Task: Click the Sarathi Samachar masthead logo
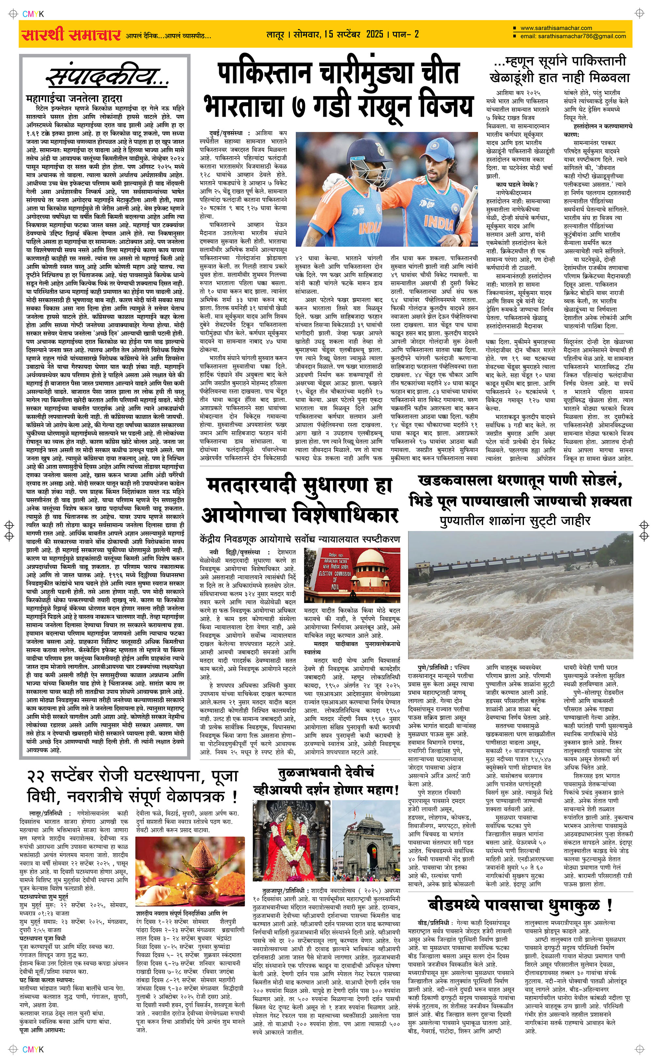point(71,35)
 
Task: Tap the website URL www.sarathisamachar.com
point(556,28)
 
